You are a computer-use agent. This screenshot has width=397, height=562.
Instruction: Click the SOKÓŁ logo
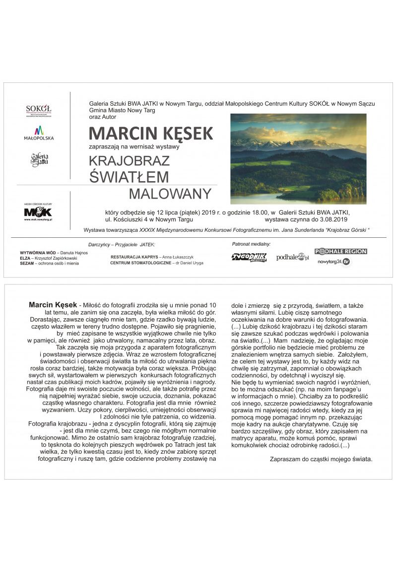39,110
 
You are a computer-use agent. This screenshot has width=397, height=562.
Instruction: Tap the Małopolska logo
39,133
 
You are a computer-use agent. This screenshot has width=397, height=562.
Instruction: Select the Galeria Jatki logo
39,160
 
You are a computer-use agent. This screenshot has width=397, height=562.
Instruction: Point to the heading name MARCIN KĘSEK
151,134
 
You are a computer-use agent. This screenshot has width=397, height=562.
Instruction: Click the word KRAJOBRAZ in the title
130,161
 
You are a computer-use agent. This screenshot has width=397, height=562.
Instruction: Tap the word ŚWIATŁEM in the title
130,177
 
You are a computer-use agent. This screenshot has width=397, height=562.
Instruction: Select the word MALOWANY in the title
170,194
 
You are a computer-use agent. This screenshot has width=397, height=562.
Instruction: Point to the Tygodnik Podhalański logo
249,257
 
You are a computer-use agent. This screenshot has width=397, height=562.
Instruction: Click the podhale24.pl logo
293,257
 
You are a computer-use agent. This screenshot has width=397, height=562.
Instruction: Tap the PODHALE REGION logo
341,251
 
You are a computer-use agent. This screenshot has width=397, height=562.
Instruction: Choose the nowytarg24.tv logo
334,262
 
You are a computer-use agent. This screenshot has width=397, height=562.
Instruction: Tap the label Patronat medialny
251,244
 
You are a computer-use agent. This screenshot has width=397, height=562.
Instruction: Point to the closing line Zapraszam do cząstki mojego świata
321,459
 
